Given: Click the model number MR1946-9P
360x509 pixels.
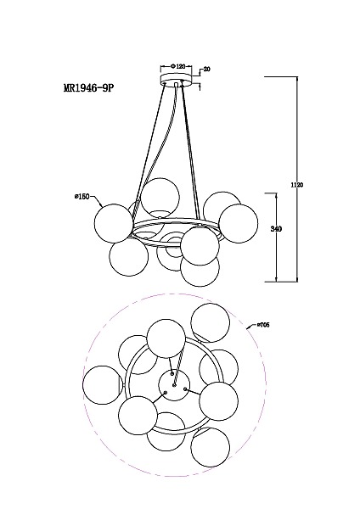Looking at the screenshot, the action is (x=89, y=88).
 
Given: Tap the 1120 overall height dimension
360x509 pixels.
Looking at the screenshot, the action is (x=296, y=185).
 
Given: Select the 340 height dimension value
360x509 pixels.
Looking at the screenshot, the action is (x=276, y=229).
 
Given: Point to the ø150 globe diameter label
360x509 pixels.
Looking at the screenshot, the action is (x=82, y=197).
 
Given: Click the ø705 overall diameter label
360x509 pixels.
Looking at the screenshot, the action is (x=263, y=325).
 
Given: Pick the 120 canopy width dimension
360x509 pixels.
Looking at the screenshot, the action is (x=179, y=66).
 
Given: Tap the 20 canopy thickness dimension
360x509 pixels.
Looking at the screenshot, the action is (x=206, y=70).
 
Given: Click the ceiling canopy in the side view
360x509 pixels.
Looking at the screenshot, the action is (x=177, y=79).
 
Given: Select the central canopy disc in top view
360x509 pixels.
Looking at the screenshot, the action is (x=174, y=385).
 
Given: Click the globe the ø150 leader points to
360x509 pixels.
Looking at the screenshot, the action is (x=114, y=223).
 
